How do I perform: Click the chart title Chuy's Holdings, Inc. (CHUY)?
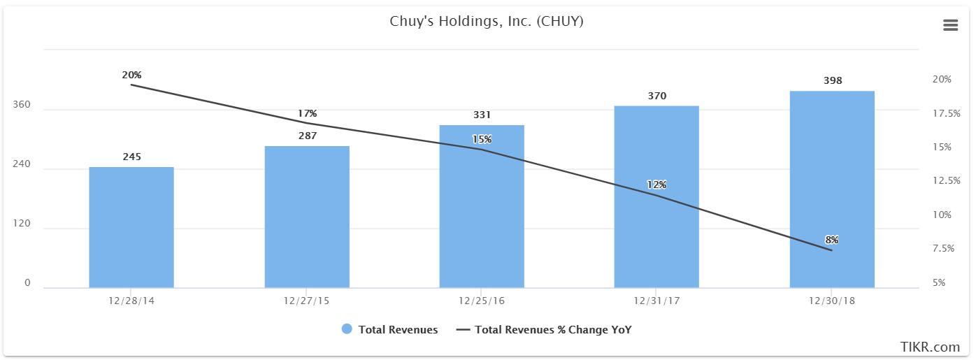click(x=487, y=22)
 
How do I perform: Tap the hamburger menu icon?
click(x=950, y=25)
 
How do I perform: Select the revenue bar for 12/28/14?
click(x=131, y=227)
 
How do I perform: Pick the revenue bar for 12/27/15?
click(x=307, y=217)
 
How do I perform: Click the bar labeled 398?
click(x=832, y=189)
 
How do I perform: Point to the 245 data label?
click(x=131, y=157)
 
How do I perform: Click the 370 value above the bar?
click(x=657, y=96)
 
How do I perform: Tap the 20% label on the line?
click(x=131, y=75)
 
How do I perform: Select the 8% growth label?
click(x=832, y=240)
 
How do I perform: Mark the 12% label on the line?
click(x=656, y=185)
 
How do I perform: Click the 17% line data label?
click(x=307, y=113)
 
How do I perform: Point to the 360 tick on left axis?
click(x=22, y=105)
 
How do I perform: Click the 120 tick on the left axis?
click(x=22, y=224)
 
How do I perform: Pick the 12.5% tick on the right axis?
click(x=947, y=180)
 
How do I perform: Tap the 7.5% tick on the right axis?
click(x=943, y=248)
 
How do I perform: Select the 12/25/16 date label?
click(x=482, y=301)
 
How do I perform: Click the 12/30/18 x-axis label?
click(x=832, y=301)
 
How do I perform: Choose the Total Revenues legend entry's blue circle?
click(x=347, y=329)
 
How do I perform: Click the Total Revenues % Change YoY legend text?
click(x=553, y=329)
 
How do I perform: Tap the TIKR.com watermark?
click(x=930, y=347)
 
